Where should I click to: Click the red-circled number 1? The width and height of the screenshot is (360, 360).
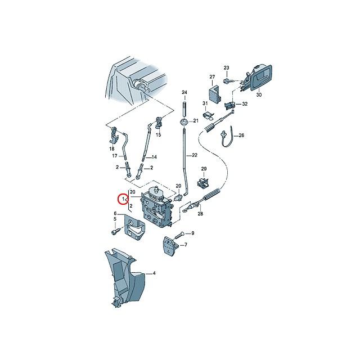pyautogui.click(x=122, y=199)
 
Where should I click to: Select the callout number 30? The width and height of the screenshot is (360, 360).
pyautogui.click(x=259, y=96)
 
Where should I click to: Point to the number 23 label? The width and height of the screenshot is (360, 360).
pyautogui.click(x=227, y=68)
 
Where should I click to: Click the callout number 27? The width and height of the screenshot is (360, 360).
pyautogui.click(x=213, y=76)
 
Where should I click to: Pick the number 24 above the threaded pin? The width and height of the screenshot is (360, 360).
pyautogui.click(x=183, y=92)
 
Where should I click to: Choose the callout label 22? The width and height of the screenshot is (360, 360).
pyautogui.click(x=195, y=155)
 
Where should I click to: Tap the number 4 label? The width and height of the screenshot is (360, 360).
pyautogui.click(x=155, y=274)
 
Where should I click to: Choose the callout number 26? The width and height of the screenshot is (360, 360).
pyautogui.click(x=241, y=136)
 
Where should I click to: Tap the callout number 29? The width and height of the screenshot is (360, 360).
pyautogui.click(x=204, y=169)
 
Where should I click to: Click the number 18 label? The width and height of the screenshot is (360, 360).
pyautogui.click(x=111, y=148)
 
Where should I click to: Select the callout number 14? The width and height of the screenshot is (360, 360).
pyautogui.click(x=155, y=157)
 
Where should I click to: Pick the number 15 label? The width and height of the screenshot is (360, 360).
pyautogui.click(x=158, y=136)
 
